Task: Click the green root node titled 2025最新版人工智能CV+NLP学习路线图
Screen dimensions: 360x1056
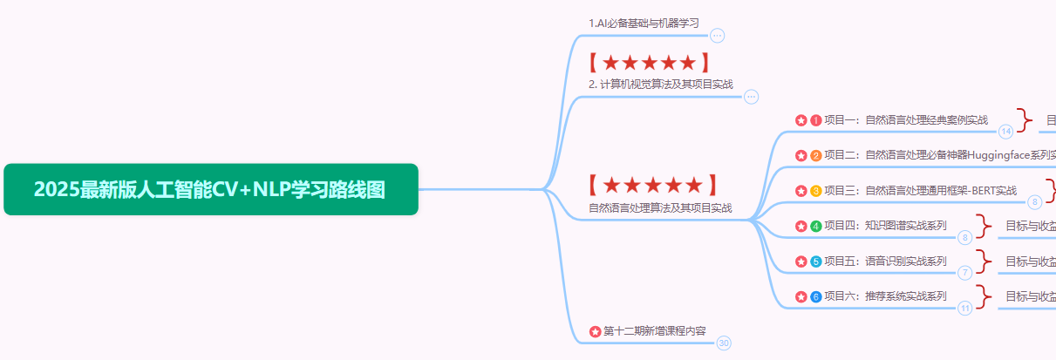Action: (x=210, y=189)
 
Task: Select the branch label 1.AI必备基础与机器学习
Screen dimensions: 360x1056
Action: (x=644, y=23)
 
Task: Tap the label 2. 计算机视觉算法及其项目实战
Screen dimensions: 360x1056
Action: (x=660, y=85)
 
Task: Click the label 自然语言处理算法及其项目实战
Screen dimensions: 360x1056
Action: (x=660, y=207)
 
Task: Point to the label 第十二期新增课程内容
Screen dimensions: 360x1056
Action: (x=654, y=330)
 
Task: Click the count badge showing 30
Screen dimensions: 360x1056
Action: (x=724, y=343)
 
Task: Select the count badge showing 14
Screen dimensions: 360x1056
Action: (x=1005, y=132)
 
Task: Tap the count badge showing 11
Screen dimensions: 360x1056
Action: (x=964, y=308)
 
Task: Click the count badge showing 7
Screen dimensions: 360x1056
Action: (x=964, y=273)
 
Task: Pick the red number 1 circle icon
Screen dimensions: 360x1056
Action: (x=816, y=120)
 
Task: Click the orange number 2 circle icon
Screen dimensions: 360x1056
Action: (x=816, y=155)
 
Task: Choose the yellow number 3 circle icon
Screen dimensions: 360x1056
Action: (x=816, y=190)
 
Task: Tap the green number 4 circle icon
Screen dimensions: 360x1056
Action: (x=816, y=226)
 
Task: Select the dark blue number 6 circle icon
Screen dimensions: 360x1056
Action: (x=816, y=296)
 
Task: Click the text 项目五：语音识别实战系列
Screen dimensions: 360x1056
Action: (x=885, y=261)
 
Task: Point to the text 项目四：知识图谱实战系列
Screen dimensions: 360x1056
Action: (x=885, y=226)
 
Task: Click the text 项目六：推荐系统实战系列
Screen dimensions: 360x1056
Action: (x=885, y=296)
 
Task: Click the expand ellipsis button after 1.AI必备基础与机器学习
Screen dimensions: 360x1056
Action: (x=717, y=36)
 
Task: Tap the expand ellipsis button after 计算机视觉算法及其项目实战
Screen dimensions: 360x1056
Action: (x=751, y=97)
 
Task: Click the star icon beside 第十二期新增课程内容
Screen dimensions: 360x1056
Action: (x=596, y=331)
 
